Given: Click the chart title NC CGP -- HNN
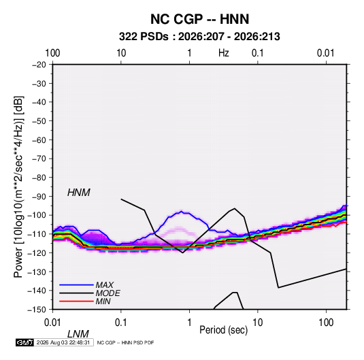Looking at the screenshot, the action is [x=199, y=19].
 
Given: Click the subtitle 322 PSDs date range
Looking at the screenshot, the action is [x=199, y=37].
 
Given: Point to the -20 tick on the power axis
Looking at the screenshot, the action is [x=39, y=65].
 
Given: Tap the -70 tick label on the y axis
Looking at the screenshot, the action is [x=39, y=159].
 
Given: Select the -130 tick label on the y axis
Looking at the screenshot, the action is [x=37, y=272].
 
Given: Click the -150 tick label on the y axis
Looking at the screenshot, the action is [x=37, y=310].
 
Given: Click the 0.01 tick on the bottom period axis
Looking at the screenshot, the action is [x=52, y=323].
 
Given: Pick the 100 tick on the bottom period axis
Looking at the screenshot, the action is [x=326, y=323].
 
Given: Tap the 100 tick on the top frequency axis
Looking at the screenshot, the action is [x=52, y=53].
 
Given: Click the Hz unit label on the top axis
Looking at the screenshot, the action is [x=224, y=53].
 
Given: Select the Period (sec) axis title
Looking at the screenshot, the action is [x=224, y=330].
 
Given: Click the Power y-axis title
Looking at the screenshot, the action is [x=18, y=186].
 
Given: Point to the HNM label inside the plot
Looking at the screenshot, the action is [x=79, y=193].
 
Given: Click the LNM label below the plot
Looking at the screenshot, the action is [x=78, y=334].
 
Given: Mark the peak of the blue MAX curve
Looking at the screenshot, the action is [x=182, y=211].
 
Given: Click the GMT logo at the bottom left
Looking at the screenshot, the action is [x=24, y=342].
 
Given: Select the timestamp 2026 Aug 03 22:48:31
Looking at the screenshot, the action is [x=63, y=342].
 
